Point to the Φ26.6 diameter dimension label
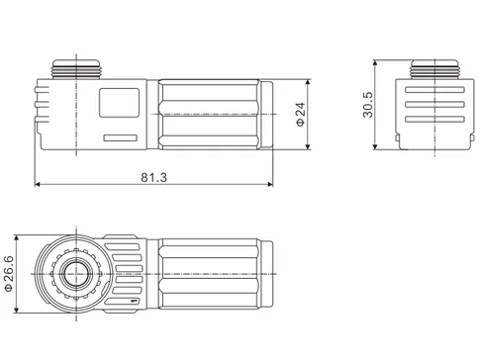click(10, 274)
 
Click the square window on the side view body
click(118, 103)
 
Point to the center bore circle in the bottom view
click(72, 274)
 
